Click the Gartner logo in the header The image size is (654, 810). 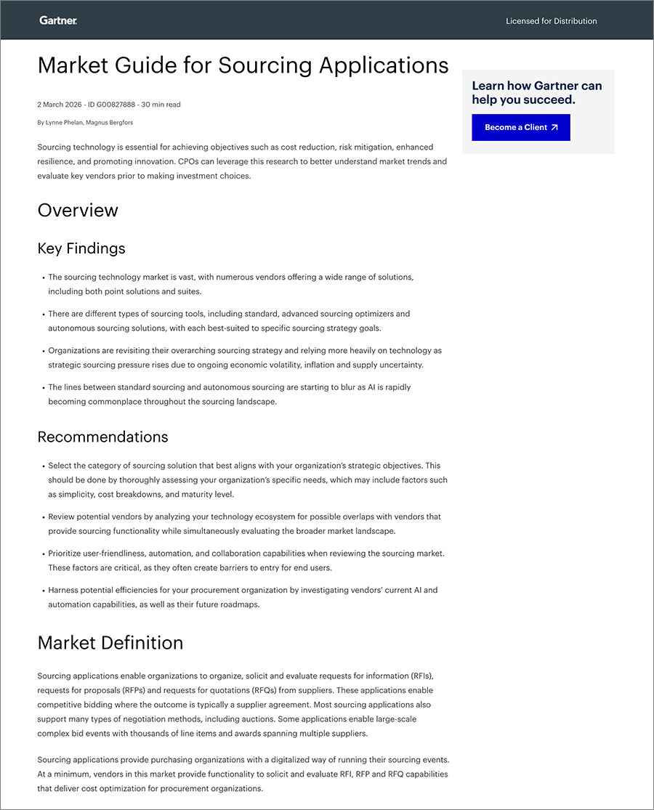tap(58, 20)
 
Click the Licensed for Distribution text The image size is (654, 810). tap(551, 21)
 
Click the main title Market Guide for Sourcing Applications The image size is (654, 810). tap(243, 65)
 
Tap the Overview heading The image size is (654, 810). tap(78, 211)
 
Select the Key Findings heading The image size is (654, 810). tap(81, 248)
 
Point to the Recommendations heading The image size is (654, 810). tap(102, 437)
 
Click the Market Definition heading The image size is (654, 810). tap(110, 643)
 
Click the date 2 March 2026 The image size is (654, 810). tap(58, 105)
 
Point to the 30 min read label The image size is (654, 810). tap(161, 105)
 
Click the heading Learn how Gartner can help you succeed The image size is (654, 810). tap(537, 93)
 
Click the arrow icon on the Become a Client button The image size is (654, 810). tap(554, 127)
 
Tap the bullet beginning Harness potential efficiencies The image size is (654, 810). tap(243, 597)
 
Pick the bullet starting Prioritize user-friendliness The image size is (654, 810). tap(246, 560)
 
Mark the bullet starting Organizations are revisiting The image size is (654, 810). tap(244, 357)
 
